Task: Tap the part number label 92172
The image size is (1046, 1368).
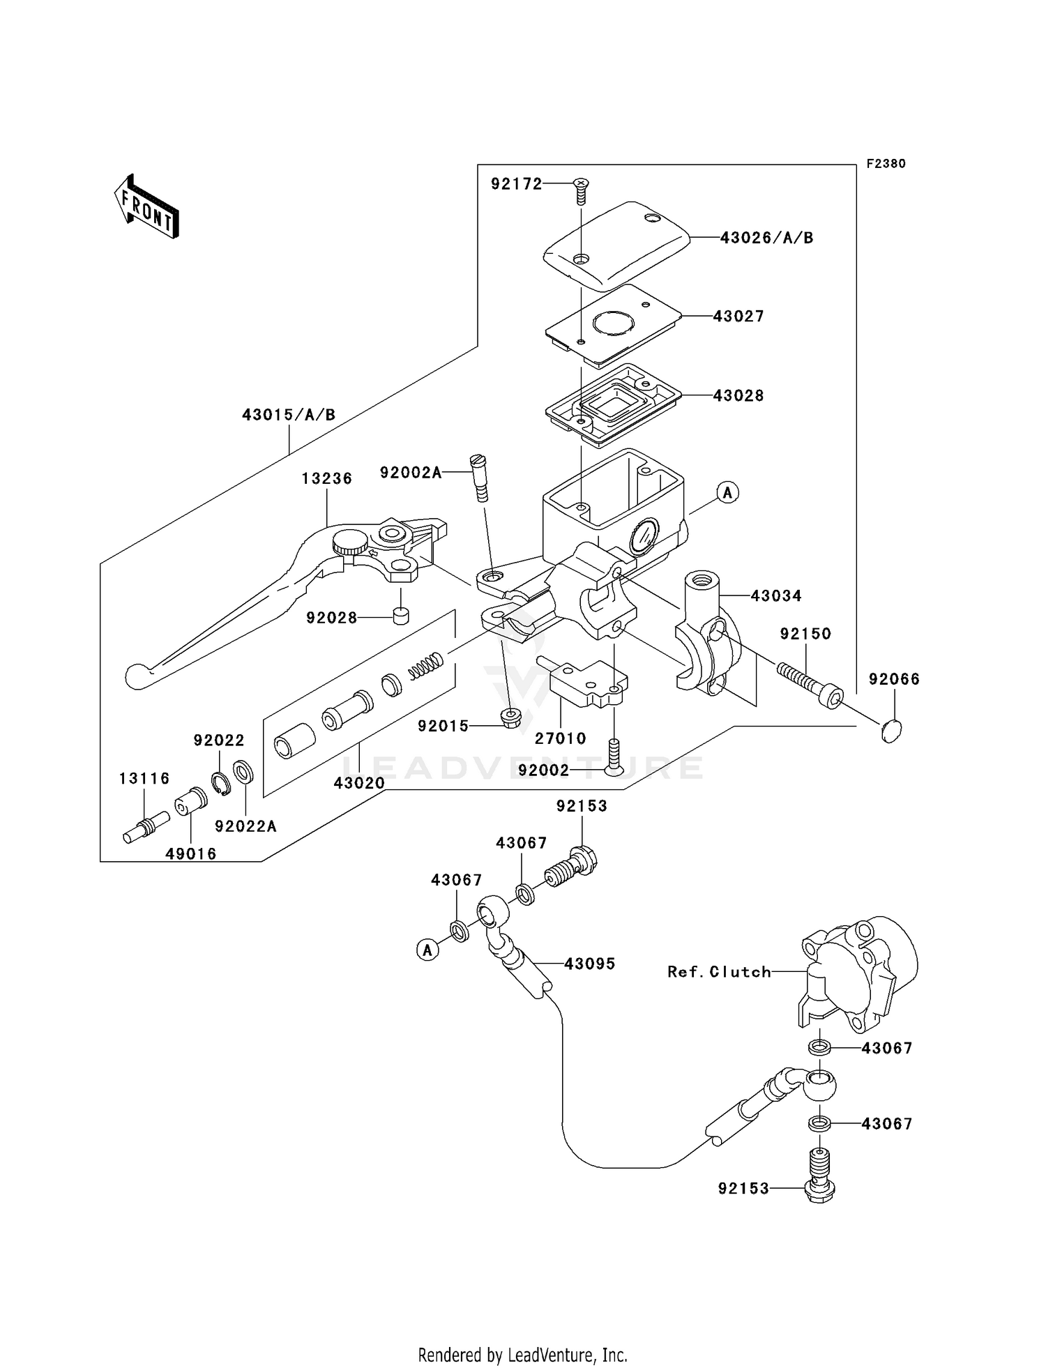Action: click(516, 184)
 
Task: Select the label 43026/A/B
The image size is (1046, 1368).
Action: click(766, 238)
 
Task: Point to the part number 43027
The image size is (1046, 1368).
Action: click(738, 317)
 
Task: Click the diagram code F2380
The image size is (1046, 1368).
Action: click(886, 164)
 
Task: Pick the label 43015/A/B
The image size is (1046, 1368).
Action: click(289, 415)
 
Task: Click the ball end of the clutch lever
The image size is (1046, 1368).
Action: click(136, 675)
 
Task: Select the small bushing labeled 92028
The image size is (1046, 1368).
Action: click(400, 616)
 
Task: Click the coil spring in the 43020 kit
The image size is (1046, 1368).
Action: click(425, 665)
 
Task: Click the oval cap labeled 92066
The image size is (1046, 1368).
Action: click(891, 731)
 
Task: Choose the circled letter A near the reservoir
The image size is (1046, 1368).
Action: click(727, 493)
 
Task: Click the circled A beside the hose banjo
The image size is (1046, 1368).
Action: click(427, 949)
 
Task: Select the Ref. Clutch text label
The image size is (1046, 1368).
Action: click(719, 972)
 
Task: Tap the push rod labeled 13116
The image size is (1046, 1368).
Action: click(146, 827)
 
